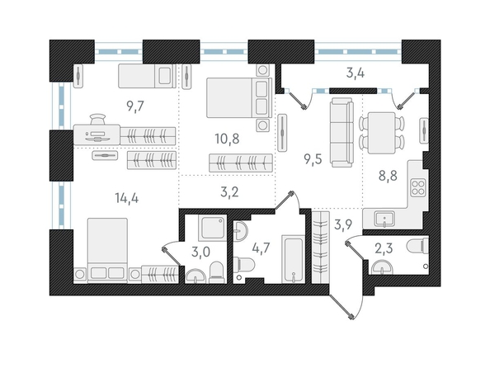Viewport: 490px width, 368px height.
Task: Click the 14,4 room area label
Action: click(126, 198)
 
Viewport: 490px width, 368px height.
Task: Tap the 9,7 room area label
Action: click(135, 106)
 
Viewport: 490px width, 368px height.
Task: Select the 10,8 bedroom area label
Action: click(227, 139)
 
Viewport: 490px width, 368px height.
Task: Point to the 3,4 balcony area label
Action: click(356, 73)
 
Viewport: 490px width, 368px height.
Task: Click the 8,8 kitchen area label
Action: click(388, 176)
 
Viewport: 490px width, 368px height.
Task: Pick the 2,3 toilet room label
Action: click(384, 249)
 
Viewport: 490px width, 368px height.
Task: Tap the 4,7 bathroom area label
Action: click(261, 249)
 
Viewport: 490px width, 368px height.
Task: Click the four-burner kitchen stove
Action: click(417, 187)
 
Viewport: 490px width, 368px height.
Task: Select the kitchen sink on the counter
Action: click(384, 219)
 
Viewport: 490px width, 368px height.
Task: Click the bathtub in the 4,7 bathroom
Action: click(293, 259)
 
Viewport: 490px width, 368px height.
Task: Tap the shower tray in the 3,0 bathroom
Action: click(212, 228)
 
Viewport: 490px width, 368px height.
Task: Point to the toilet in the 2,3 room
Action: click(417, 245)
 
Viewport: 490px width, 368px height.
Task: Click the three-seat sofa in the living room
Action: click(342, 132)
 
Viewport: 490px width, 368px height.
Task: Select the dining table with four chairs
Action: click(382, 133)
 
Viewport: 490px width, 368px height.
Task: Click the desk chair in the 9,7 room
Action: click(97, 119)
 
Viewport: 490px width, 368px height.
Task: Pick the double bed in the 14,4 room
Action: click(107, 251)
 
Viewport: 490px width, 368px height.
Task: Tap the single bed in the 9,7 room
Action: click(147, 76)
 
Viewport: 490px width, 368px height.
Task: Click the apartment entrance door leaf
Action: click(341, 307)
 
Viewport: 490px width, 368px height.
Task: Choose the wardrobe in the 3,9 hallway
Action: click(320, 247)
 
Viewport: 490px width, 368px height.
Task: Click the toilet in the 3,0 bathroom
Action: click(217, 272)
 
